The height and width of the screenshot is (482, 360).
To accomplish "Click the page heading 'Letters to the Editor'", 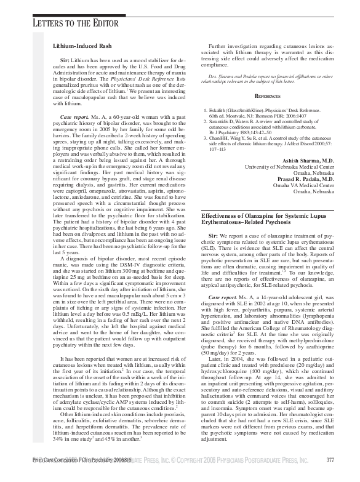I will pos(68,23).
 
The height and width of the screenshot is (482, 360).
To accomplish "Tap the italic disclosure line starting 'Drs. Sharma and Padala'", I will pos(268,79).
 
